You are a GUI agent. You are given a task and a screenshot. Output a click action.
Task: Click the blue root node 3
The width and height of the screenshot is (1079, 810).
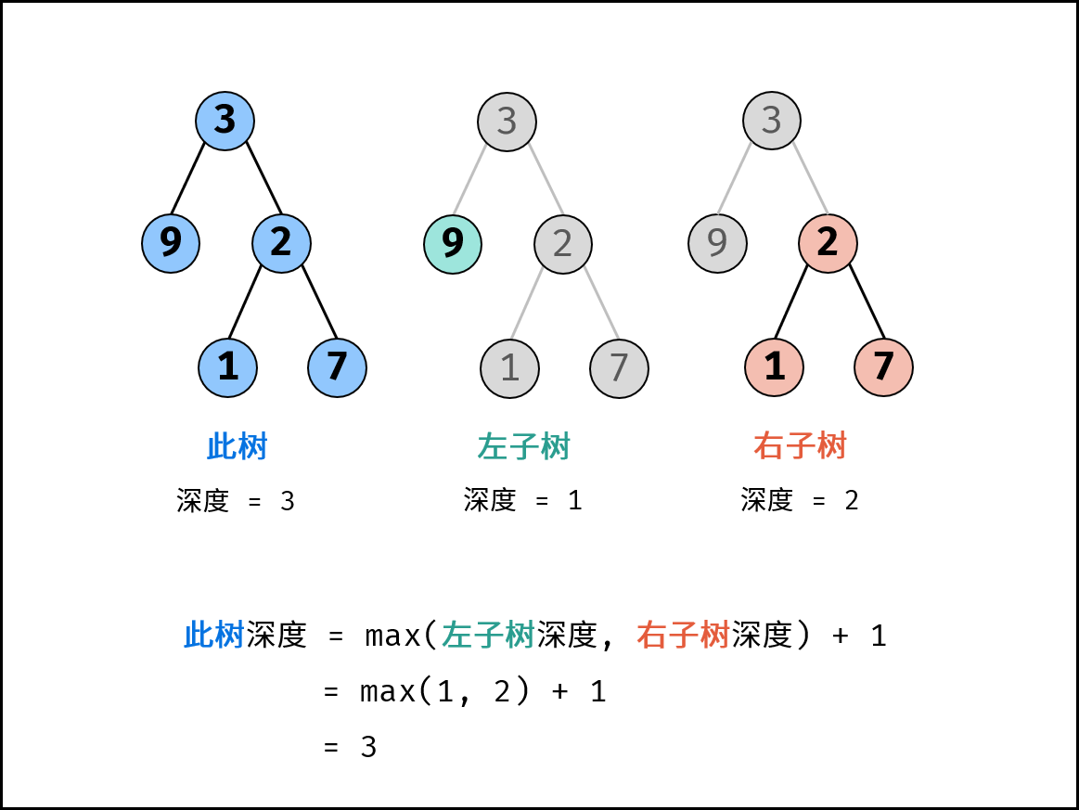(x=225, y=121)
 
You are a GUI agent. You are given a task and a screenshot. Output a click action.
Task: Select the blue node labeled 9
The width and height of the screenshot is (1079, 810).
(x=171, y=243)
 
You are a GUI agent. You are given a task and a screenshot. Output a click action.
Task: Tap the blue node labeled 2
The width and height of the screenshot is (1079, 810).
(x=281, y=243)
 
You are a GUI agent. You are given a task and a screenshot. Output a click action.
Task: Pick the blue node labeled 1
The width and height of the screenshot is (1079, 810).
(x=227, y=367)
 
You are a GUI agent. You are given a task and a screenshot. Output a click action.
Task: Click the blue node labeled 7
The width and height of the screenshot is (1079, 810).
(x=337, y=367)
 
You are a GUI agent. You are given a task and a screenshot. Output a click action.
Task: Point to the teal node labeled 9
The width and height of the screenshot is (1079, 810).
(x=453, y=243)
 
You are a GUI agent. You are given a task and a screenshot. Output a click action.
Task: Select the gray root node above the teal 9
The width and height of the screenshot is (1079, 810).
(x=507, y=121)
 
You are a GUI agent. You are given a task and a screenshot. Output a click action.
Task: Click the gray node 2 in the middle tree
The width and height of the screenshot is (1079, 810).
(x=562, y=243)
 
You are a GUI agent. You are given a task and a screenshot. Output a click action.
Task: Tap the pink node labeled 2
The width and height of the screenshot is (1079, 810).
(x=828, y=243)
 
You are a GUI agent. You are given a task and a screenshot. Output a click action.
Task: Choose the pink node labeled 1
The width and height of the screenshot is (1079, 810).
(x=774, y=367)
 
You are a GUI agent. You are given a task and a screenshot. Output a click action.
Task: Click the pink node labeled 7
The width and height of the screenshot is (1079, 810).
(x=883, y=367)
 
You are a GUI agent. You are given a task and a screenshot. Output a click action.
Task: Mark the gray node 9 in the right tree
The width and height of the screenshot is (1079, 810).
(x=717, y=243)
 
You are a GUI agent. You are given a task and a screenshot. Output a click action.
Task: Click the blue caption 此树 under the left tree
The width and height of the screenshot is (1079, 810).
(x=237, y=447)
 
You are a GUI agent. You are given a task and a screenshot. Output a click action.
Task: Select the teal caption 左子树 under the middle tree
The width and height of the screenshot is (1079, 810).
(x=523, y=447)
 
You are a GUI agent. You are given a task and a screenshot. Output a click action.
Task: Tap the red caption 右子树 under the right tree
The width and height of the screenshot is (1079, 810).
(x=800, y=447)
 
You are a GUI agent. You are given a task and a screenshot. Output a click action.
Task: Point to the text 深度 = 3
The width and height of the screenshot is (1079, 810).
(x=236, y=501)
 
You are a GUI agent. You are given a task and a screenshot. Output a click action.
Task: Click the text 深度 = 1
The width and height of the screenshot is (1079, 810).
(x=523, y=501)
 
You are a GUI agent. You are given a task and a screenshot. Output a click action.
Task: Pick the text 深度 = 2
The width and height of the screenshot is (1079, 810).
(x=800, y=501)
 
